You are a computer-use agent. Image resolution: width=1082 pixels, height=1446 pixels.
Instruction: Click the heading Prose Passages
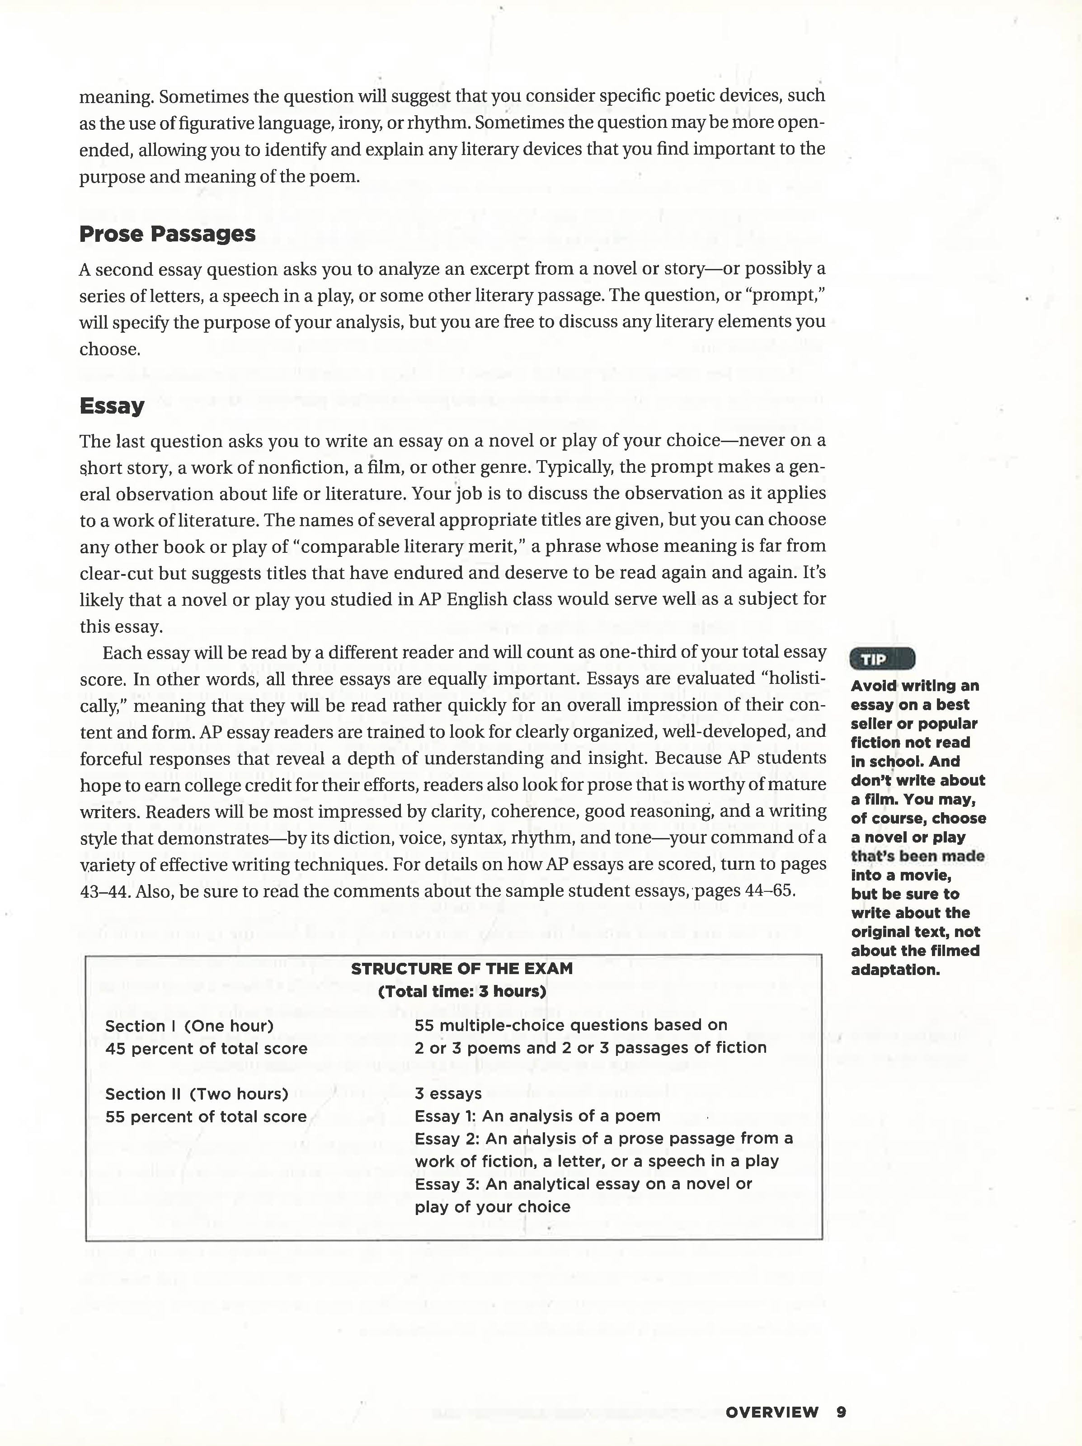point(167,234)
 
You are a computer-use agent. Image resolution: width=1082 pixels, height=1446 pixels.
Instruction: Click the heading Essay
point(112,406)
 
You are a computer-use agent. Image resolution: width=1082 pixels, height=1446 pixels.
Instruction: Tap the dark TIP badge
point(882,659)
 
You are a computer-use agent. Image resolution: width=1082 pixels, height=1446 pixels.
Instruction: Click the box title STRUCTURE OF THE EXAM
point(461,969)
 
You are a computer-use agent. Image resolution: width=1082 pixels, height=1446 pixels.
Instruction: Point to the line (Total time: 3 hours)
point(461,991)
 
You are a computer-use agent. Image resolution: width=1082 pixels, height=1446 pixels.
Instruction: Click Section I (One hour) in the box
point(189,1026)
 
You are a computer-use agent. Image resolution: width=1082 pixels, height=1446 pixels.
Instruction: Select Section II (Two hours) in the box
point(197,1093)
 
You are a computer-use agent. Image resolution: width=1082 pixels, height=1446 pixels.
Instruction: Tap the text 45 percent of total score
point(206,1049)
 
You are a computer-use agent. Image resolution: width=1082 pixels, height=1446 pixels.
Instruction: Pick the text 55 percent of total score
point(206,1116)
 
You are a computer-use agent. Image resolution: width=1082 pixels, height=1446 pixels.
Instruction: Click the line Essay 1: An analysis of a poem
point(537,1116)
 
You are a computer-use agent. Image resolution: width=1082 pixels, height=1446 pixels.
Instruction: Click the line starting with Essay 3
point(583,1184)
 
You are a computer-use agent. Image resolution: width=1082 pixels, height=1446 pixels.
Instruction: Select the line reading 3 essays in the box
point(448,1093)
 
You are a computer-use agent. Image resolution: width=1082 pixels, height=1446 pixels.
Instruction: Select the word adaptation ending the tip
point(895,970)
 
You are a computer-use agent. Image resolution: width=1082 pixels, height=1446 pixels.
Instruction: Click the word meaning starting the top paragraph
point(115,97)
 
